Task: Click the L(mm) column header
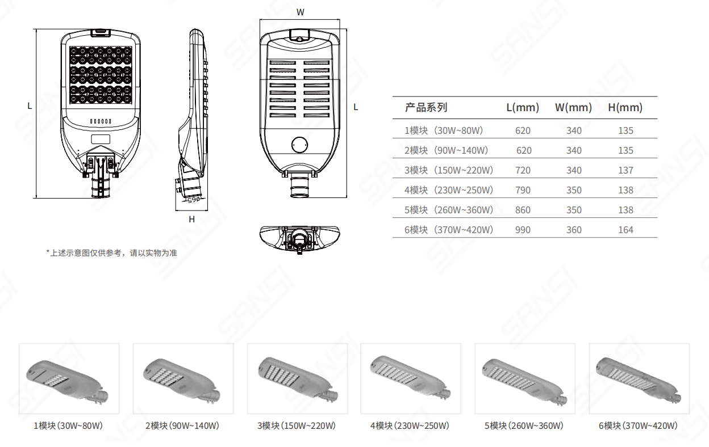click(x=523, y=107)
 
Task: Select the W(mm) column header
click(x=573, y=107)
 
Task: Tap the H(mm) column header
click(x=625, y=107)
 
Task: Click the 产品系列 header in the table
click(x=426, y=107)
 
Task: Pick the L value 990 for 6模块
click(x=523, y=230)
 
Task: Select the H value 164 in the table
click(x=625, y=230)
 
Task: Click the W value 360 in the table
click(x=574, y=230)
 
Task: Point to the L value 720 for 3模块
click(x=523, y=170)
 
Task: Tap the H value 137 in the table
click(x=625, y=170)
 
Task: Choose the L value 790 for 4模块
click(x=523, y=190)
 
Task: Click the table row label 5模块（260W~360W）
click(x=449, y=210)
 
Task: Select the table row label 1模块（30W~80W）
click(x=444, y=130)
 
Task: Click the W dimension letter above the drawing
click(x=300, y=12)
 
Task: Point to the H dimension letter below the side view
click(x=192, y=220)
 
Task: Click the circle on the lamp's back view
click(x=299, y=145)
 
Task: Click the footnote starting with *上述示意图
click(x=111, y=253)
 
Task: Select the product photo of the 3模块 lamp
click(x=298, y=379)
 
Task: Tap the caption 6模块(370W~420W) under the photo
click(x=638, y=426)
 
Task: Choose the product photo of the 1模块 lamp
click(x=69, y=379)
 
